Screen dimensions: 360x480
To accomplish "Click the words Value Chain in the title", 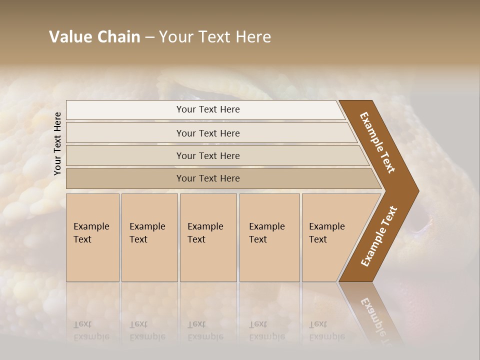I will [x=94, y=37].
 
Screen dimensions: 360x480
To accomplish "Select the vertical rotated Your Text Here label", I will [x=58, y=143].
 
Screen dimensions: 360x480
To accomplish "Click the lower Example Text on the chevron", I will [x=378, y=236].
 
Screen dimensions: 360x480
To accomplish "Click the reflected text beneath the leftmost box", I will [x=91, y=330].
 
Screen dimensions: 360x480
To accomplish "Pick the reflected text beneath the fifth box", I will [x=326, y=330].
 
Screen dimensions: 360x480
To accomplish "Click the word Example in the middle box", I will [x=205, y=226].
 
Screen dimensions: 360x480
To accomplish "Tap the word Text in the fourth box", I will [x=258, y=239].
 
